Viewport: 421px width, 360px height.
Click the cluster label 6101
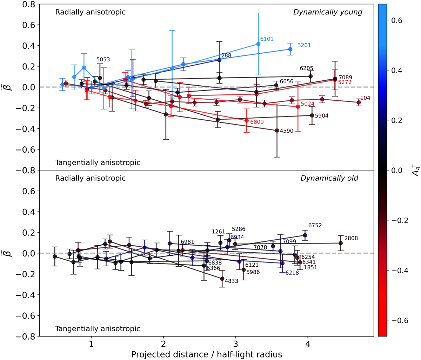click(x=267, y=39)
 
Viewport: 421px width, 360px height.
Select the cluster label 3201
click(x=304, y=46)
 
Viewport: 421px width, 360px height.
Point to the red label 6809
click(x=257, y=122)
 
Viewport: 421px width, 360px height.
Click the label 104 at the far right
click(x=366, y=98)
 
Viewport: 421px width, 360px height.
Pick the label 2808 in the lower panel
click(x=351, y=239)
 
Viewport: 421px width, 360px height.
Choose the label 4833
click(x=232, y=281)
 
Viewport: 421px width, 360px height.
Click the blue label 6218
click(x=292, y=273)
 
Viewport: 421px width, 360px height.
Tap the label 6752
click(x=315, y=226)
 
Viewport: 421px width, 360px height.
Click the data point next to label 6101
click(x=258, y=44)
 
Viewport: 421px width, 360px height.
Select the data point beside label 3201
click(x=290, y=49)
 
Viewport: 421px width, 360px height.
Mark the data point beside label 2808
click(x=340, y=243)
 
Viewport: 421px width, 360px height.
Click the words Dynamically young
click(x=328, y=12)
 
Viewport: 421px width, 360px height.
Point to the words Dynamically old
click(x=329, y=178)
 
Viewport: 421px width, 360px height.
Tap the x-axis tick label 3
click(x=236, y=342)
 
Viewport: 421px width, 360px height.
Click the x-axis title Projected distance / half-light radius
click(x=207, y=354)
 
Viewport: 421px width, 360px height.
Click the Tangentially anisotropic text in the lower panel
click(x=98, y=329)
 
